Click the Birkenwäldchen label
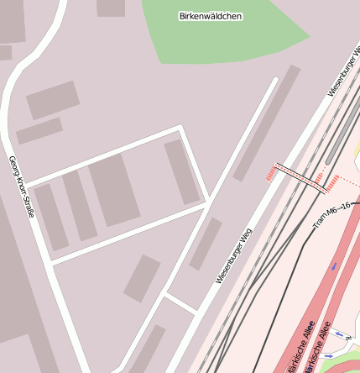(x=211, y=16)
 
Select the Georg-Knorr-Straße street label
(x=21, y=186)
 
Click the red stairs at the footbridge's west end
(x=271, y=173)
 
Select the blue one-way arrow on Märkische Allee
(x=334, y=265)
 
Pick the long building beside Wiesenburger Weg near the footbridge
(x=266, y=123)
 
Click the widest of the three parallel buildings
(x=113, y=189)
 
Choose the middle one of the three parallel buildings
(x=80, y=205)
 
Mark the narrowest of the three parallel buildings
(x=51, y=217)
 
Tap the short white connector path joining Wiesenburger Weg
(x=180, y=302)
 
